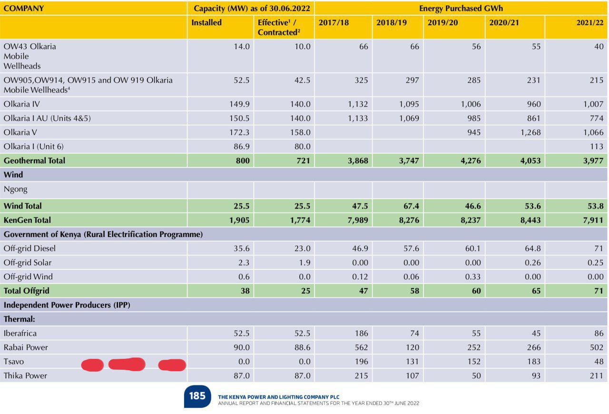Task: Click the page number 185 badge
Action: (197, 396)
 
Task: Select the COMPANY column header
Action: (24, 8)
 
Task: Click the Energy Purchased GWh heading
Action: (461, 8)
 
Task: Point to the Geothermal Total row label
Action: (34, 160)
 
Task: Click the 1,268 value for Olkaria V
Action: (530, 132)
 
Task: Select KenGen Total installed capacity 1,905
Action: (239, 220)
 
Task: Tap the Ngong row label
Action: (16, 189)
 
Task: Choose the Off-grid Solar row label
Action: (28, 262)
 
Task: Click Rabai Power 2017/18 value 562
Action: (361, 347)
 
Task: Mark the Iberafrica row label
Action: (20, 333)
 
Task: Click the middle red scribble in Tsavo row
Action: (127, 364)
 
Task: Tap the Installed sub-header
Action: (206, 22)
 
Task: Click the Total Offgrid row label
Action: (26, 290)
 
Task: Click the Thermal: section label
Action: (19, 319)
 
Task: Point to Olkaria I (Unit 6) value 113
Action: (597, 147)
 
